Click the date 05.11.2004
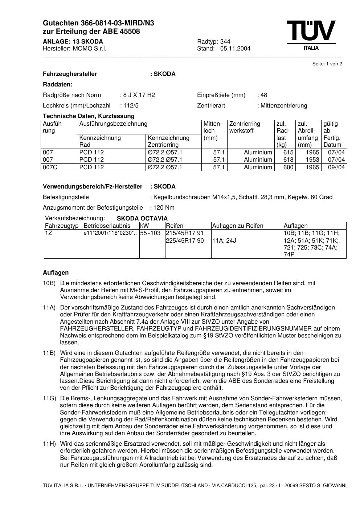[235, 49]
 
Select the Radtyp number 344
[225, 41]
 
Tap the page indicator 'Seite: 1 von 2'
[327, 64]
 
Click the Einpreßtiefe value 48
[263, 95]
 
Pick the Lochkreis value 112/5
[131, 106]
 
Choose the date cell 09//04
[336, 167]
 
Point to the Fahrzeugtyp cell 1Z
[49, 233]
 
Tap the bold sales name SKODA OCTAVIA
[142, 219]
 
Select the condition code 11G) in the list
[49, 398]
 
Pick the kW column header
[144, 226]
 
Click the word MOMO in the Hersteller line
[81, 49]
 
